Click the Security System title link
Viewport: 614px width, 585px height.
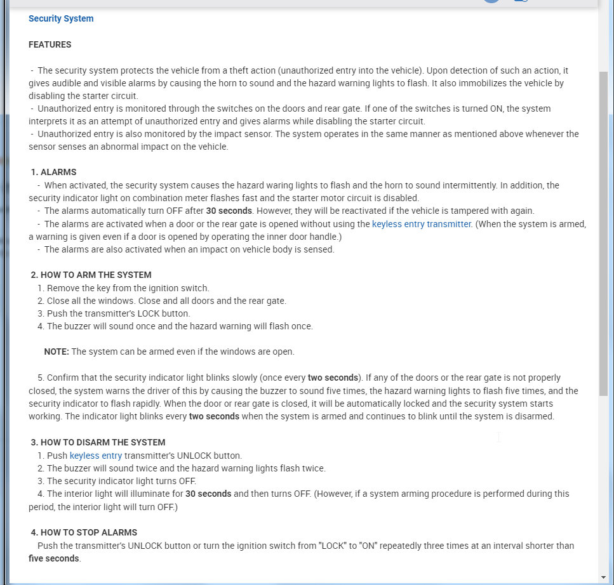[61, 18]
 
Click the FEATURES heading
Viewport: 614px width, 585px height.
[50, 44]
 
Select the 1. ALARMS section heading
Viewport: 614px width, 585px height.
[54, 172]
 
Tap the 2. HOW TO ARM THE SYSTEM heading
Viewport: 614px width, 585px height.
[91, 275]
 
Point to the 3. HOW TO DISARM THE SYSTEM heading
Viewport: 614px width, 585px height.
[98, 442]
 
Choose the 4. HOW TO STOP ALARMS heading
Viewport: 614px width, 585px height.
[84, 532]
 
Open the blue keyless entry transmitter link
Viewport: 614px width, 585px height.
[422, 224]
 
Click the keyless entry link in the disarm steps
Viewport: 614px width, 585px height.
[96, 456]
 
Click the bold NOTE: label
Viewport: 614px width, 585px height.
[57, 352]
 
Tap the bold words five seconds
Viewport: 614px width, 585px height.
[54, 558]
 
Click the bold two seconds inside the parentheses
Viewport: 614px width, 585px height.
[333, 378]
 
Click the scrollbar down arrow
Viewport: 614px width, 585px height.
[603, 577]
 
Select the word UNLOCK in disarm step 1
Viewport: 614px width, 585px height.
[187, 456]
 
